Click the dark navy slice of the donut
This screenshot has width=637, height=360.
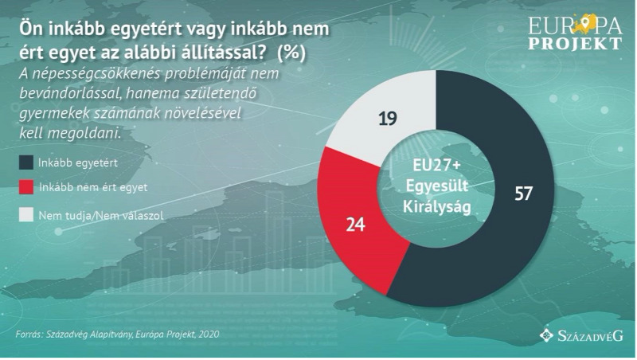[510, 239]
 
